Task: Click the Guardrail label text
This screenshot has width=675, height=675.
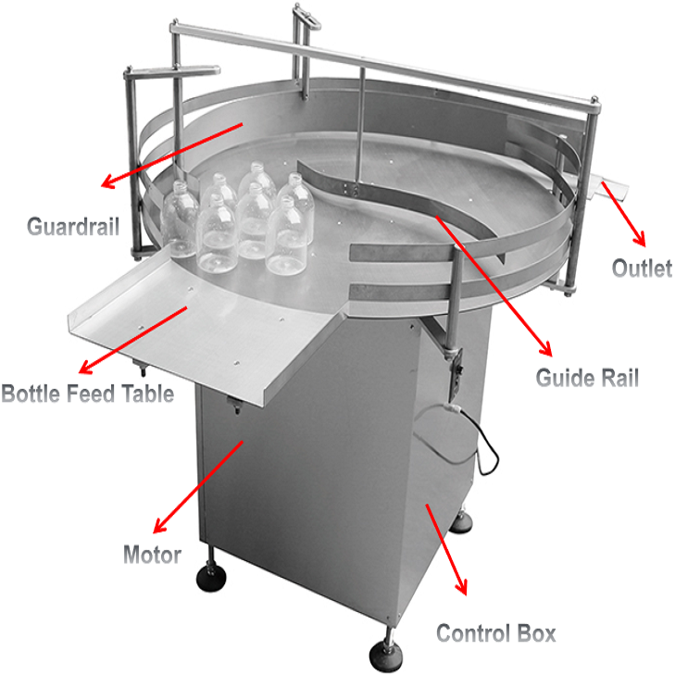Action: (73, 227)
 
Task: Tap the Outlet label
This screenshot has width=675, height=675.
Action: (642, 268)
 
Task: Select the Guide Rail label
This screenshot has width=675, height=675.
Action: (587, 378)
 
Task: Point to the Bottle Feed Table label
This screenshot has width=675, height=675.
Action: (87, 394)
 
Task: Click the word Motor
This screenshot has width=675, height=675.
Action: (152, 555)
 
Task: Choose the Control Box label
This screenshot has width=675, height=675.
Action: (496, 633)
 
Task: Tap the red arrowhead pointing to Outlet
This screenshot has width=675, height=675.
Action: (641, 238)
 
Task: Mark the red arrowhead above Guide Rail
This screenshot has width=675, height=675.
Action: (546, 348)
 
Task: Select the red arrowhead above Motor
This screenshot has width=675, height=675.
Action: (160, 526)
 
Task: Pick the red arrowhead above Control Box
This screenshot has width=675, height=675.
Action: (461, 587)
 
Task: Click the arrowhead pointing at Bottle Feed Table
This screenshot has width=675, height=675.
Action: (86, 367)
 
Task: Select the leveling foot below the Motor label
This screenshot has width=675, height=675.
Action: (211, 578)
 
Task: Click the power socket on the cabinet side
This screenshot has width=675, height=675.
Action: (456, 371)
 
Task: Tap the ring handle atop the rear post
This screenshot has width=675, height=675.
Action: (306, 17)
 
